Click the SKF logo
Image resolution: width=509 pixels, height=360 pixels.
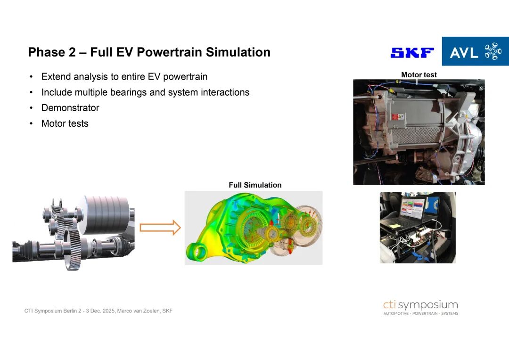pyautogui.click(x=412, y=53)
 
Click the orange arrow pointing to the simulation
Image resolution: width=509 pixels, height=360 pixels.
pyautogui.click(x=160, y=227)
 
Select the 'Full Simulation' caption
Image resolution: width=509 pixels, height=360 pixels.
pyautogui.click(x=255, y=185)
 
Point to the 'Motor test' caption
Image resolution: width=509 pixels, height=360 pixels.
pyautogui.click(x=419, y=74)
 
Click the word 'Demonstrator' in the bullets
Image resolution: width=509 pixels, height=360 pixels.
pyautogui.click(x=70, y=108)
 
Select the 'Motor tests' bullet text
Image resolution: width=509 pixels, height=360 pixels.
pyautogui.click(x=65, y=123)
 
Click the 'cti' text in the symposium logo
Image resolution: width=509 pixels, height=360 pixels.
pyautogui.click(x=389, y=304)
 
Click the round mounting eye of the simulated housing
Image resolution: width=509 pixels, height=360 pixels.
pyautogui.click(x=197, y=252)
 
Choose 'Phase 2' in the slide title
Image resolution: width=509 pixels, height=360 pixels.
pyautogui.click(x=52, y=52)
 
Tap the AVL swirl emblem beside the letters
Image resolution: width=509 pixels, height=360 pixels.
pyautogui.click(x=493, y=51)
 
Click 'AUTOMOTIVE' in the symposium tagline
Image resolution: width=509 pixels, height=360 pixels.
pyautogui.click(x=396, y=313)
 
